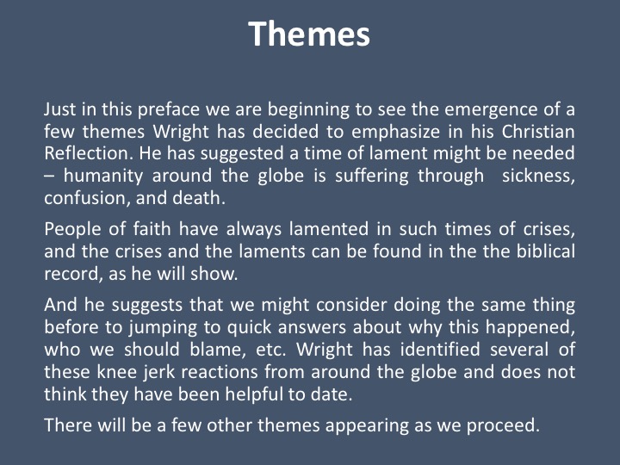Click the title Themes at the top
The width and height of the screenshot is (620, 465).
pos(309,34)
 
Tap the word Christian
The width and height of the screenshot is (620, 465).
pos(538,131)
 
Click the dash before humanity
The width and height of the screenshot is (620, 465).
pos(49,177)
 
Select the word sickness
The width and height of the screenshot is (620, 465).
pos(538,176)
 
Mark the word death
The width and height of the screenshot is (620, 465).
pos(199,198)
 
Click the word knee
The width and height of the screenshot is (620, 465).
pos(118,372)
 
